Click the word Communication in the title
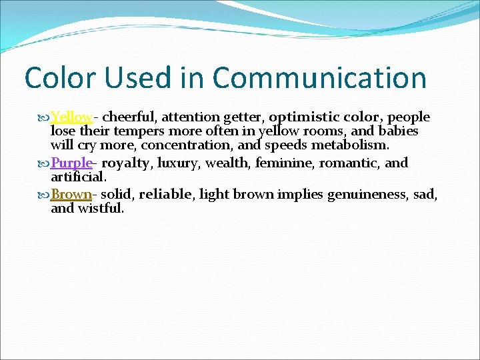pos(319,78)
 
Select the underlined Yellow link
pos(71,117)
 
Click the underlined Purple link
pos(71,163)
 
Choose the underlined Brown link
pos(71,195)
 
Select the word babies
pos(398,131)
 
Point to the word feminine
pos(287,163)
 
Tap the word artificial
pos(77,177)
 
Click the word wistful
pos(100,209)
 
